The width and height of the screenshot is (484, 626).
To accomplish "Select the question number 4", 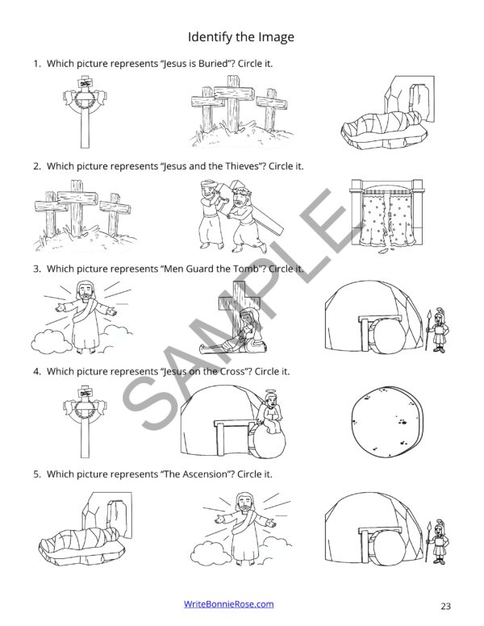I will (x=36, y=371).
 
